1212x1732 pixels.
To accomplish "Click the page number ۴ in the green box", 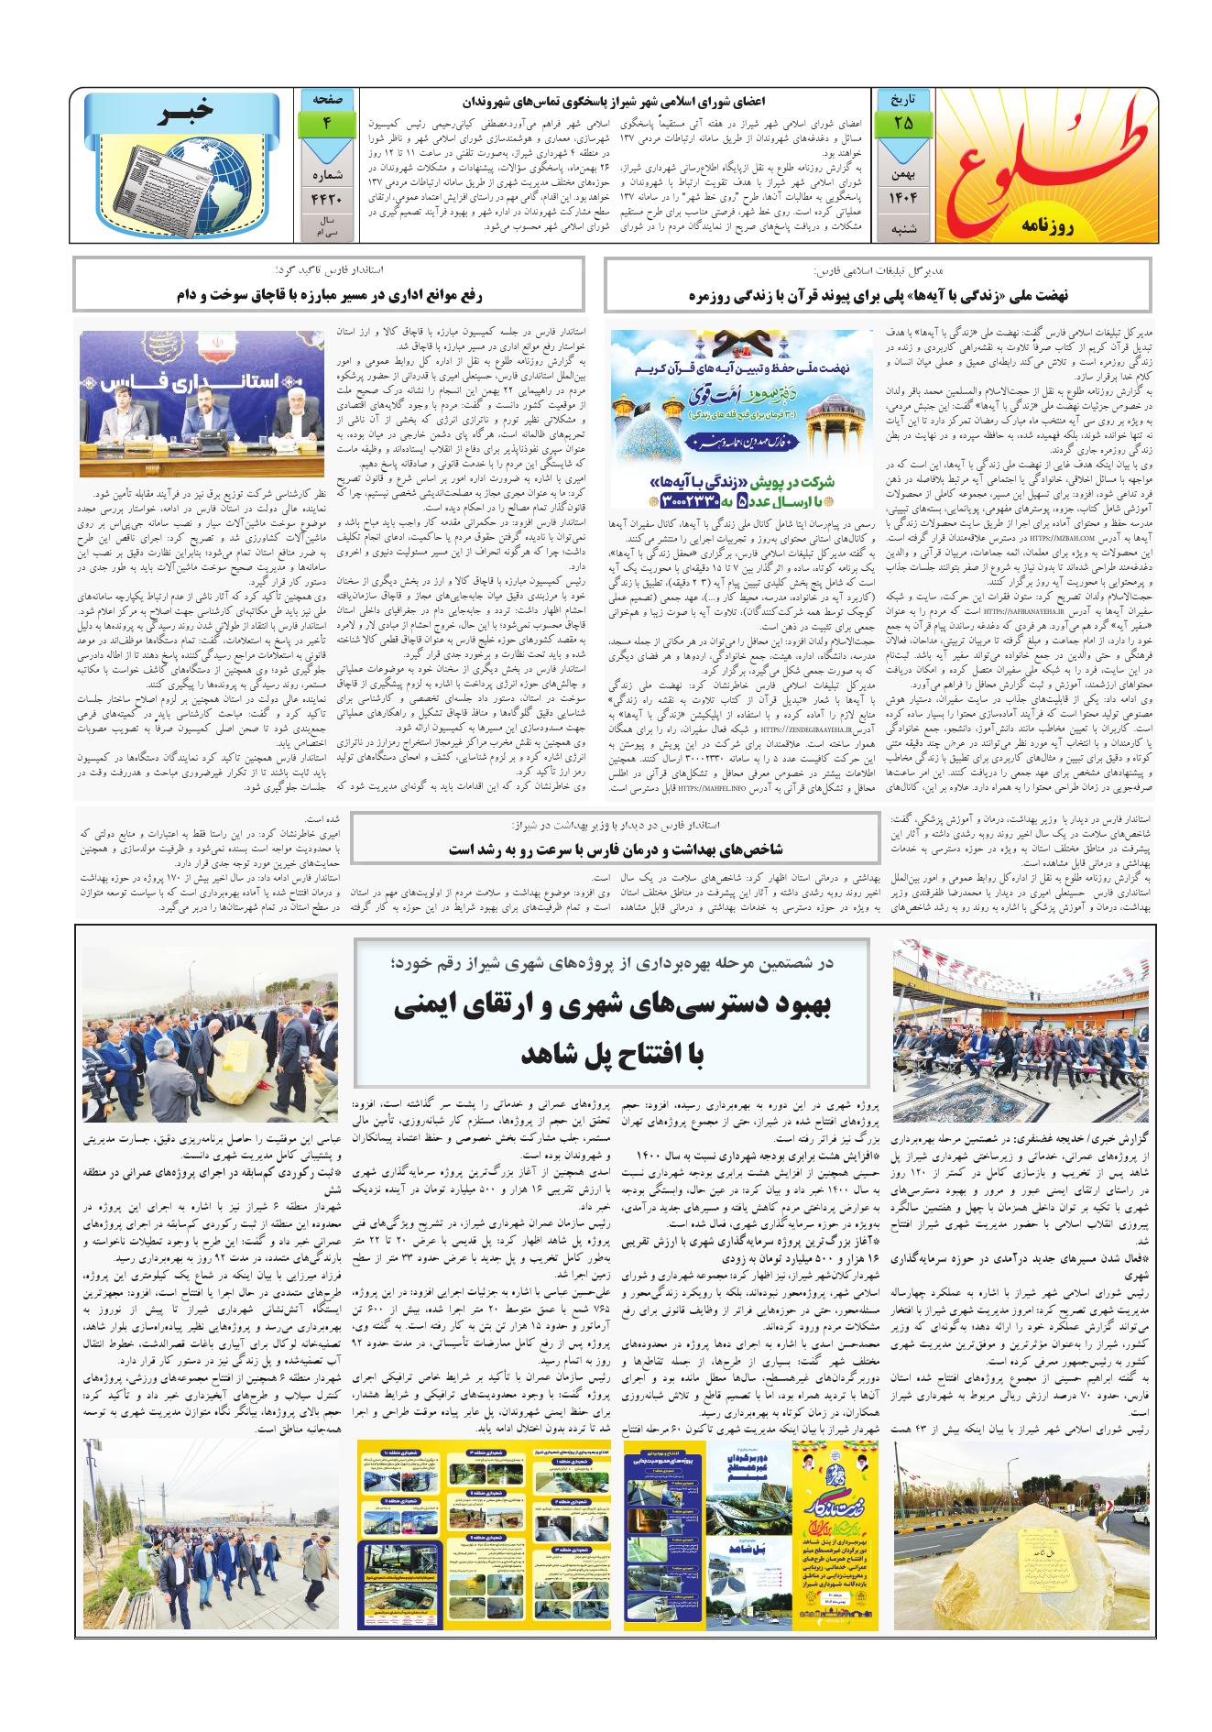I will pyautogui.click(x=328, y=122).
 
